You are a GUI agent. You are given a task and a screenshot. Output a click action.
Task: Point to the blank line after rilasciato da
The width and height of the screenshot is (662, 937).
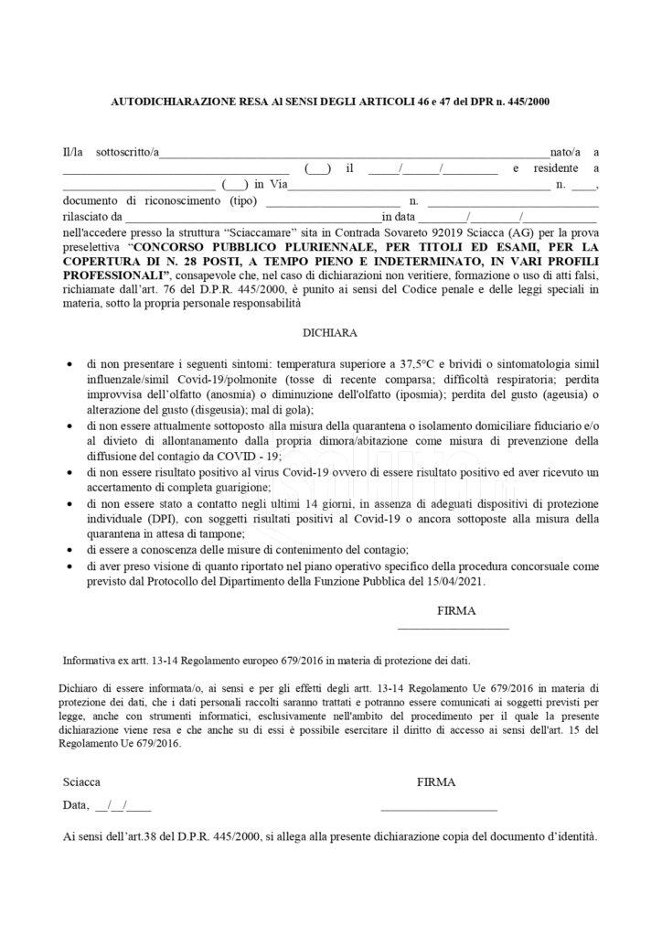(x=252, y=218)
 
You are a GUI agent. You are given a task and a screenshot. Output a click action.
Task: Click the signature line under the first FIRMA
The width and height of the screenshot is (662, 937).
(x=453, y=628)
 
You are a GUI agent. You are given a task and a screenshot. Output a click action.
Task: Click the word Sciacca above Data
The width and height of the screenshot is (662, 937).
(x=82, y=782)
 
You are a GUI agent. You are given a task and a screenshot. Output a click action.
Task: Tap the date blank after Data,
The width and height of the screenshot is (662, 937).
(x=123, y=806)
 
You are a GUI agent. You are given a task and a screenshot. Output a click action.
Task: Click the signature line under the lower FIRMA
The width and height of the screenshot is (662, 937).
(x=438, y=809)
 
